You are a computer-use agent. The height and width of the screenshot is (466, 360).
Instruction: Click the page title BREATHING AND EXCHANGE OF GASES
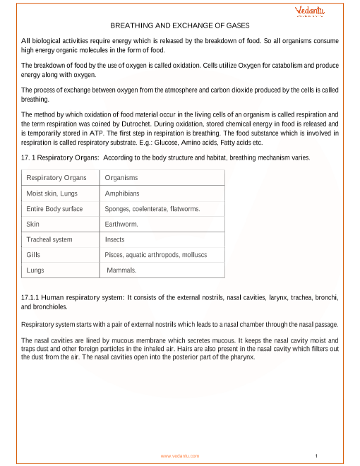181,24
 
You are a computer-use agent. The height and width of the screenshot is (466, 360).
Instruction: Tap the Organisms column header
121,178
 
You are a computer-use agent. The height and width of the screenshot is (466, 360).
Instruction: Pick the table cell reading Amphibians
122,193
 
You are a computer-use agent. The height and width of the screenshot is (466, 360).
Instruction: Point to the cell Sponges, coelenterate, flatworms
152,209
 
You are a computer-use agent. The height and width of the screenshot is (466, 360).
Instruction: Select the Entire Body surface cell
54,209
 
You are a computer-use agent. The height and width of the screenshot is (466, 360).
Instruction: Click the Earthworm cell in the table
121,224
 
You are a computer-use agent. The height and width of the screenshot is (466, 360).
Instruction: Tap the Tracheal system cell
49,239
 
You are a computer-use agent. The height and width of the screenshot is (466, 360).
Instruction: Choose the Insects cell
115,239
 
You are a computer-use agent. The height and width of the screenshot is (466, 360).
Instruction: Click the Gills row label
33,254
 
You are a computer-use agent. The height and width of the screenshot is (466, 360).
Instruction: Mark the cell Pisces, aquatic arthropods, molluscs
155,254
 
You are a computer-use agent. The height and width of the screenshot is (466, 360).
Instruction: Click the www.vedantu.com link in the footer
180,456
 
